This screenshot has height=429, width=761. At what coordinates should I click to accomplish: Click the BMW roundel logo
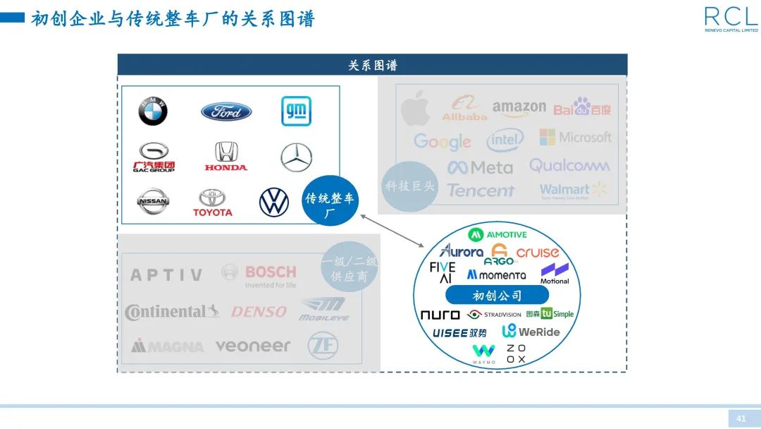click(152, 111)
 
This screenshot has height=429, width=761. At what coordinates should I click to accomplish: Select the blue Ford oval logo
click(226, 111)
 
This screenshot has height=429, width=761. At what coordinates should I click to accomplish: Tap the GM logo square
click(296, 111)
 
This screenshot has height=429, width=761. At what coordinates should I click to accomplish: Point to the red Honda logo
click(226, 156)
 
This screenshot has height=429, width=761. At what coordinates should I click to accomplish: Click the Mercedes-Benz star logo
click(296, 157)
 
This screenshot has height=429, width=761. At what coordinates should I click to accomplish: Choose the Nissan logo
click(153, 202)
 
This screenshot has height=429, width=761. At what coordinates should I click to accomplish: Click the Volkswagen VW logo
click(274, 203)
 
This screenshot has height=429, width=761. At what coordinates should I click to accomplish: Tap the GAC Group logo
click(154, 157)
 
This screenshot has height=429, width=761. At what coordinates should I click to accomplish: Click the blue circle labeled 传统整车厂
click(330, 200)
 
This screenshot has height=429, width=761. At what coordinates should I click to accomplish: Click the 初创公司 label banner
click(497, 296)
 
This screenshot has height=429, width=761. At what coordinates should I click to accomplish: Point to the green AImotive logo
click(497, 234)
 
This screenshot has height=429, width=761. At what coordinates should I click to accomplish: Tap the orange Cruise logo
click(538, 253)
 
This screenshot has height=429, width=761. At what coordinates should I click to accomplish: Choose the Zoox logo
click(516, 354)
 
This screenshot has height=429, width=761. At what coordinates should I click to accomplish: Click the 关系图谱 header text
click(372, 66)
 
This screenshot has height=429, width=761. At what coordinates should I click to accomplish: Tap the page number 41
click(741, 418)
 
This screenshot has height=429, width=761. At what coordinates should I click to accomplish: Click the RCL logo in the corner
click(731, 19)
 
